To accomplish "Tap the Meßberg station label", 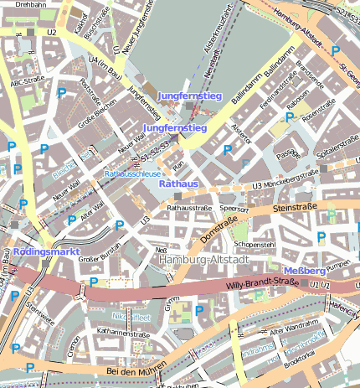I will coord(305,271).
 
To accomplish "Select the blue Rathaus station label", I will coord(178,183).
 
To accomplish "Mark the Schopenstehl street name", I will coord(255,244).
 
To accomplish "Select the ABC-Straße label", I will coord(27,84).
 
